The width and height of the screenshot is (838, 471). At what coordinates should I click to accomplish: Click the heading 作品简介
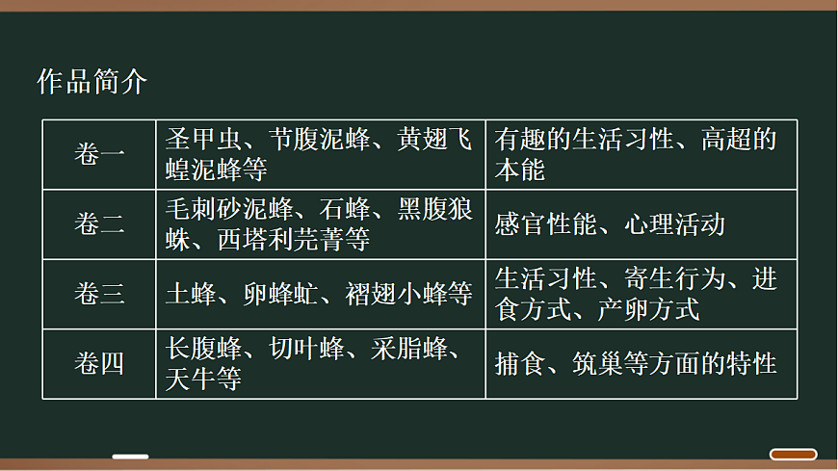[92, 82]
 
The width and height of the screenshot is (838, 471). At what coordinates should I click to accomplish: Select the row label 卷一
[99, 154]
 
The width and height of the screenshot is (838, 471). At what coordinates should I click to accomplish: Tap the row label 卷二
[99, 224]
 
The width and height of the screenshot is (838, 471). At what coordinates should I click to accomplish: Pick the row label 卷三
[99, 294]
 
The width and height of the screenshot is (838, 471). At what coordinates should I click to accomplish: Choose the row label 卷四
[99, 364]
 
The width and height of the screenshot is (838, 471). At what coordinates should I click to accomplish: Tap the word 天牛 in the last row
[190, 378]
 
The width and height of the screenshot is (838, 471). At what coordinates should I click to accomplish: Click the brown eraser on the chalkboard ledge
[793, 455]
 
